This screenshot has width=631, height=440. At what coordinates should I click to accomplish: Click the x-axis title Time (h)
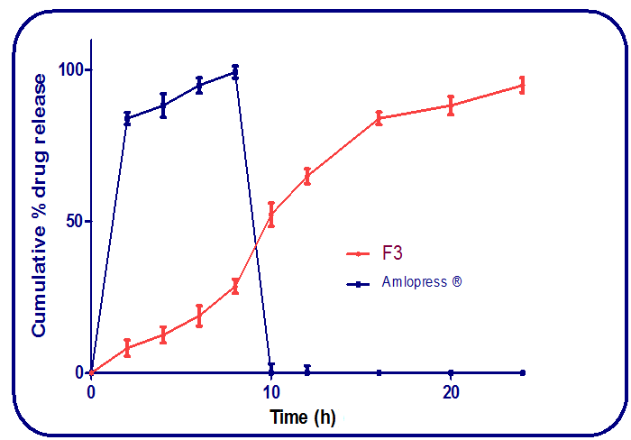pyautogui.click(x=302, y=417)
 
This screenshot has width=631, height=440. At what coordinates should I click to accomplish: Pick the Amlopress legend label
pyautogui.click(x=422, y=282)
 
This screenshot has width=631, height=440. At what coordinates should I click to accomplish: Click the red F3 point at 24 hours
pyautogui.click(x=523, y=86)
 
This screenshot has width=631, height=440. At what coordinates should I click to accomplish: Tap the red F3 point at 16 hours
pyautogui.click(x=379, y=117)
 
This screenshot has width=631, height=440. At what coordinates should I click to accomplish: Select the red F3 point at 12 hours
pyautogui.click(x=307, y=176)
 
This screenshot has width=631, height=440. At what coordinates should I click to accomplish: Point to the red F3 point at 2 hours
pyautogui.click(x=127, y=347)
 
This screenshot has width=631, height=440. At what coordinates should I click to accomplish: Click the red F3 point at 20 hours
pyautogui.click(x=451, y=105)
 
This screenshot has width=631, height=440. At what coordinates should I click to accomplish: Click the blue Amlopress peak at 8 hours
pyautogui.click(x=235, y=72)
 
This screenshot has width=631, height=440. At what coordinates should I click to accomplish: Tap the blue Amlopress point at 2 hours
pyautogui.click(x=127, y=118)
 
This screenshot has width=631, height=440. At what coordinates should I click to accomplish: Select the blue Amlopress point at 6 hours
pyautogui.click(x=199, y=85)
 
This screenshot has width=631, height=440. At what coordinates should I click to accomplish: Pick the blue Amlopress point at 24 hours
pyautogui.click(x=523, y=372)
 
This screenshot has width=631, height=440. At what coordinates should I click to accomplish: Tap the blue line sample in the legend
pyautogui.click(x=360, y=283)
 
